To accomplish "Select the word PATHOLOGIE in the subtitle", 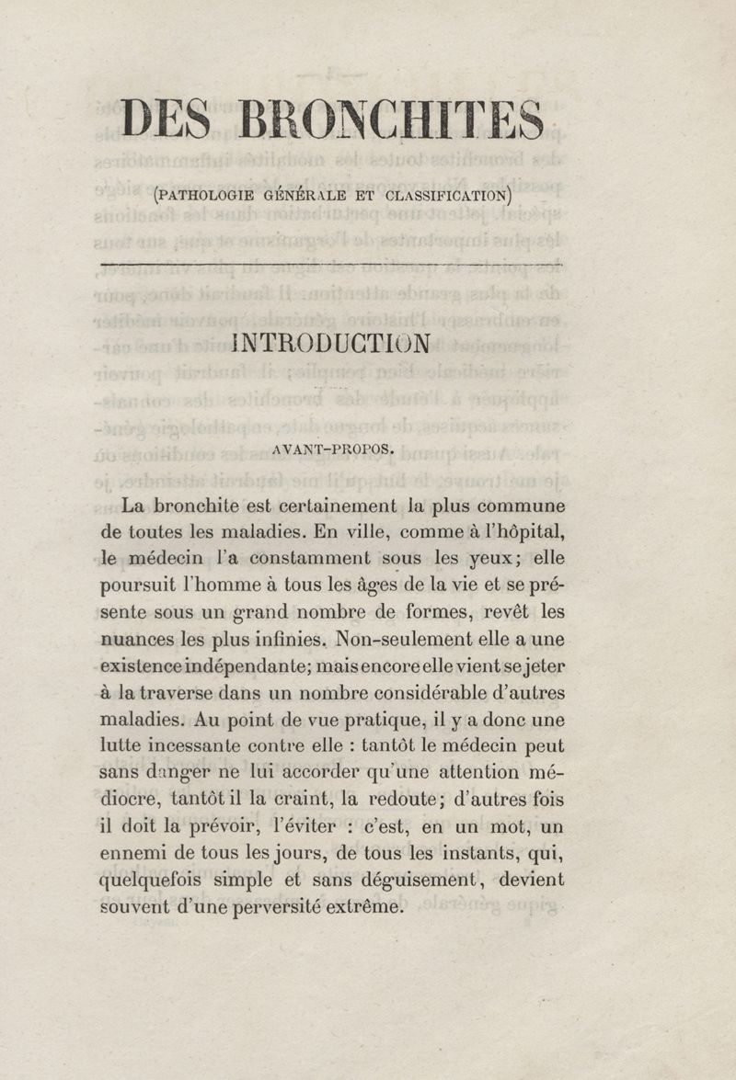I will [x=209, y=196].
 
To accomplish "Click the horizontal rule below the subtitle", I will [x=331, y=265].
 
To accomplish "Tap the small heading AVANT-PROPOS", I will [x=333, y=451].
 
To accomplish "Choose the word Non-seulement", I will [x=404, y=638].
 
